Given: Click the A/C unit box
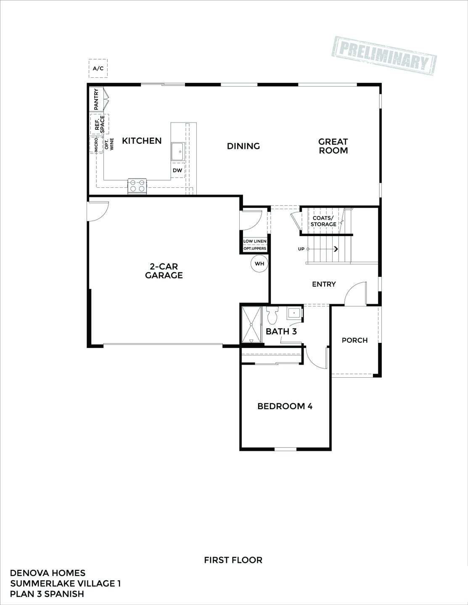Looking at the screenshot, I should (98, 68).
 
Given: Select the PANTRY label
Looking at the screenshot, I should (96, 100).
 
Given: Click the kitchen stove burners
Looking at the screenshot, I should (137, 186).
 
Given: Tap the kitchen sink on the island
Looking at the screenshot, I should (177, 151).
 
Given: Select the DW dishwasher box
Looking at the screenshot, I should (177, 170).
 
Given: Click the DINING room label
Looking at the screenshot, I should (243, 146).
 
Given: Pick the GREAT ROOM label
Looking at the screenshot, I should (333, 146).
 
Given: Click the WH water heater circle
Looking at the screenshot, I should (259, 264).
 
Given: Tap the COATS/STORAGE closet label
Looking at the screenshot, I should (323, 221).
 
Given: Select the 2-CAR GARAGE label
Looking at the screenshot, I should (164, 271).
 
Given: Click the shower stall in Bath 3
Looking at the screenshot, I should (251, 325).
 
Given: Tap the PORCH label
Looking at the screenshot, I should (354, 340).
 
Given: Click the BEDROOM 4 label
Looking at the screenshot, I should (285, 406).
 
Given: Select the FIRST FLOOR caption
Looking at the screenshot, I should (233, 560).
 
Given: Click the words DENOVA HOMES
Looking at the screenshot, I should (48, 573).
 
